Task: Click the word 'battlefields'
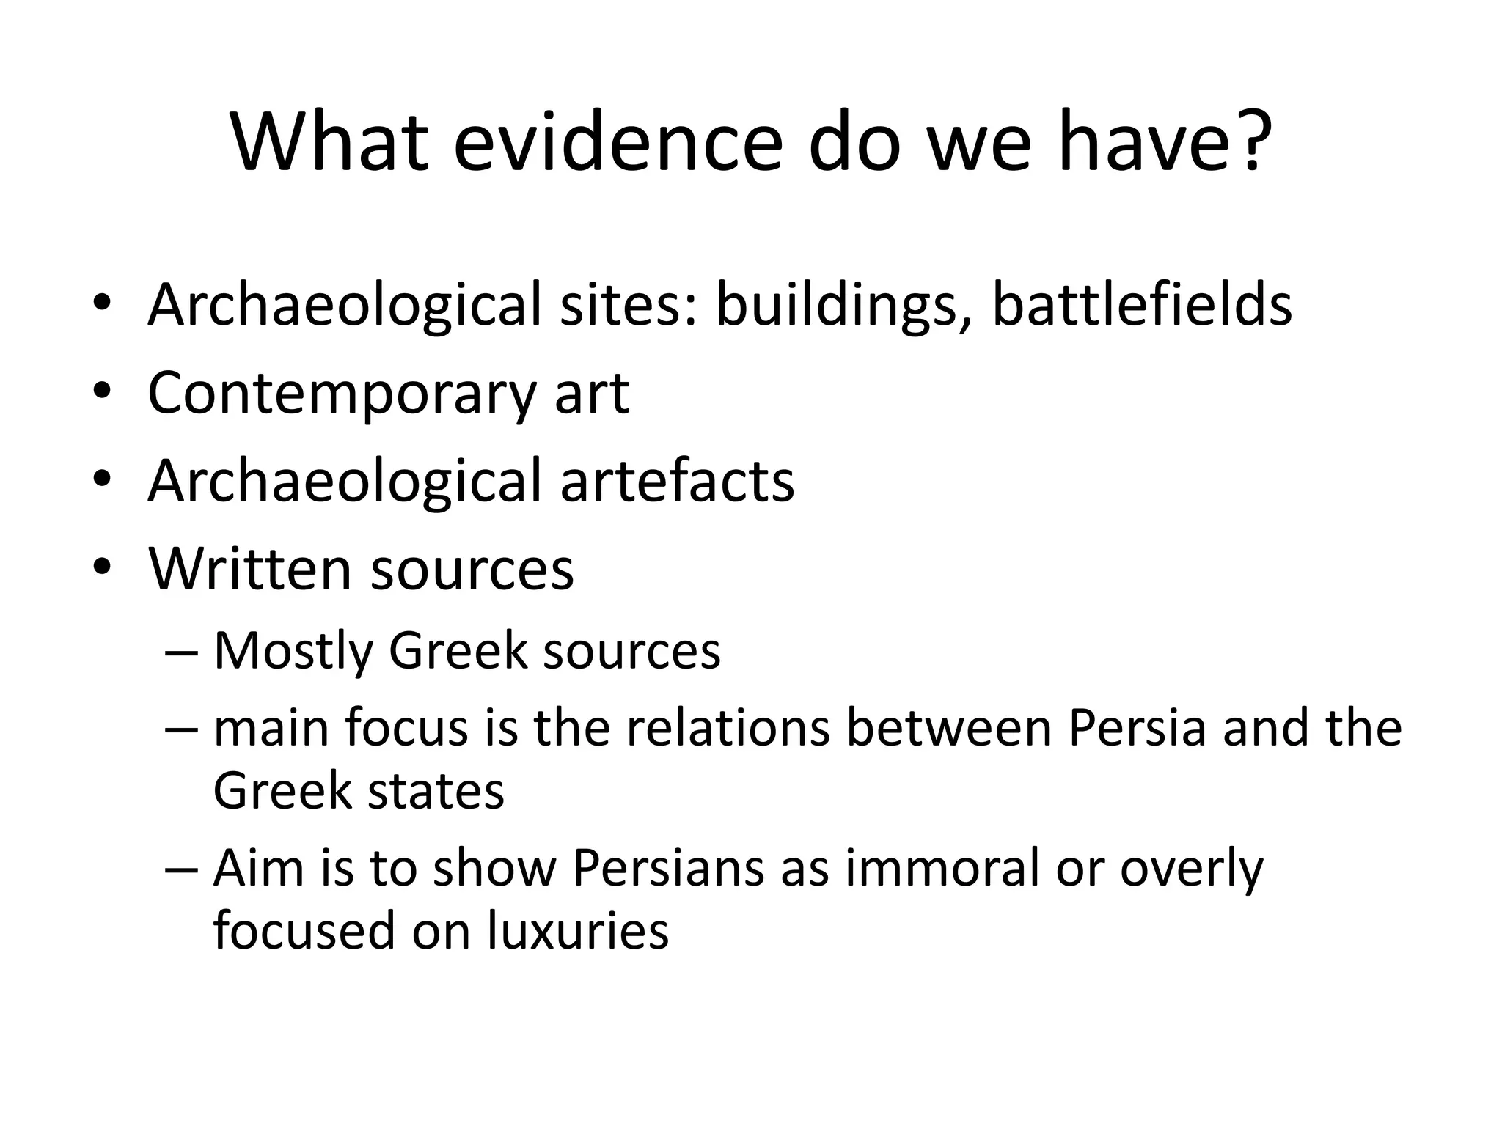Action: coord(1142,305)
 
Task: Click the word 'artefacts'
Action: coord(677,482)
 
